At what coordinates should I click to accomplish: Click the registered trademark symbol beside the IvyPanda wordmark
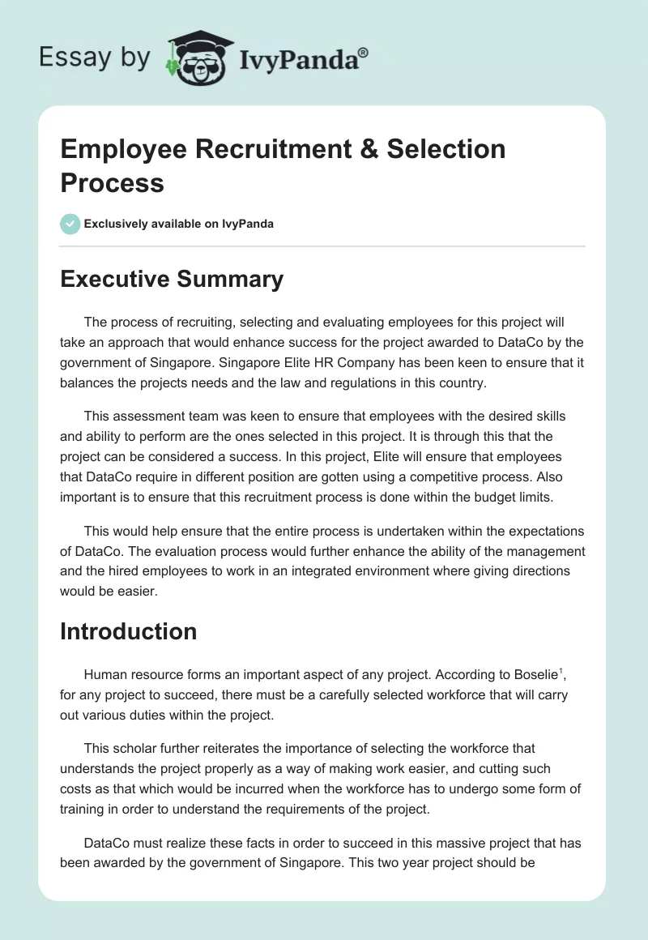[363, 53]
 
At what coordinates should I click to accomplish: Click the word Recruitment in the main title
[246, 149]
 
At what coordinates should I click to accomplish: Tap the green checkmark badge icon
[70, 224]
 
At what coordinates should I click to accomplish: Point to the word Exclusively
[117, 224]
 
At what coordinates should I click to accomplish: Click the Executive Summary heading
[172, 280]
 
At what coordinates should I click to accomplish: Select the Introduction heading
[128, 631]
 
